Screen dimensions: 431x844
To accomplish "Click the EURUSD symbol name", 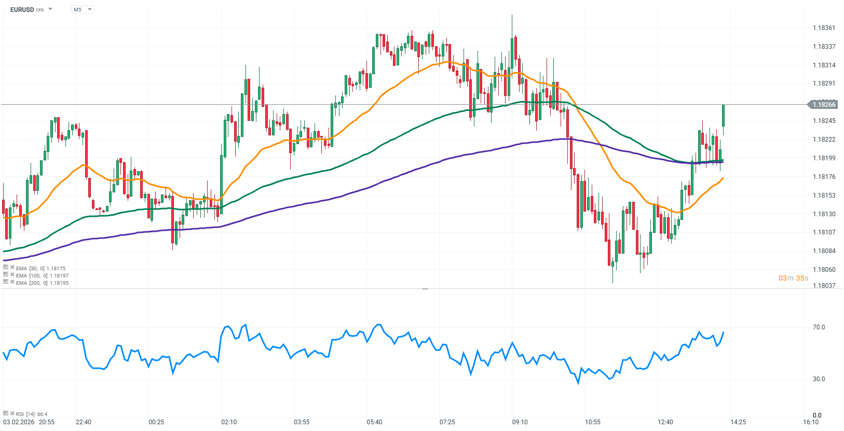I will pyautogui.click(x=22, y=9).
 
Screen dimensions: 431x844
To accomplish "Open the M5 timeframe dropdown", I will pyautogui.click(x=83, y=9).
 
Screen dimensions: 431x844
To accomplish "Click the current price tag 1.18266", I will pyautogui.click(x=823, y=105).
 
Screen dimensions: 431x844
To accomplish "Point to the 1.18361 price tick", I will pyautogui.click(x=824, y=28).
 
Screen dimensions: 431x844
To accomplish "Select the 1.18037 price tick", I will pyautogui.click(x=824, y=286).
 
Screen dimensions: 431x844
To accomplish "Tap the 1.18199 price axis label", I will pyautogui.click(x=824, y=158).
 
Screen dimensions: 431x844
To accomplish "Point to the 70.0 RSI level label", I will pyautogui.click(x=819, y=327).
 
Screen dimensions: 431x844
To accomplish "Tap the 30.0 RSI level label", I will pyautogui.click(x=819, y=379).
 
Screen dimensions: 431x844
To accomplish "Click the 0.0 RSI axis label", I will pyautogui.click(x=817, y=415).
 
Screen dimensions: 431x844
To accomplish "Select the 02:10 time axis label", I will pyautogui.click(x=229, y=422).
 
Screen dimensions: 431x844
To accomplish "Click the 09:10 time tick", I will pyautogui.click(x=520, y=422).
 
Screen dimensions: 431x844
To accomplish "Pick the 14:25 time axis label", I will pyautogui.click(x=738, y=422).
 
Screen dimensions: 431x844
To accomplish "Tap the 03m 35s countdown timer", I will pyautogui.click(x=793, y=278).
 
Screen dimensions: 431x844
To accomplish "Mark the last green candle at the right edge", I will pyautogui.click(x=723, y=116).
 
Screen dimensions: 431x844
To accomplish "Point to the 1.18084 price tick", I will pyautogui.click(x=824, y=251).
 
